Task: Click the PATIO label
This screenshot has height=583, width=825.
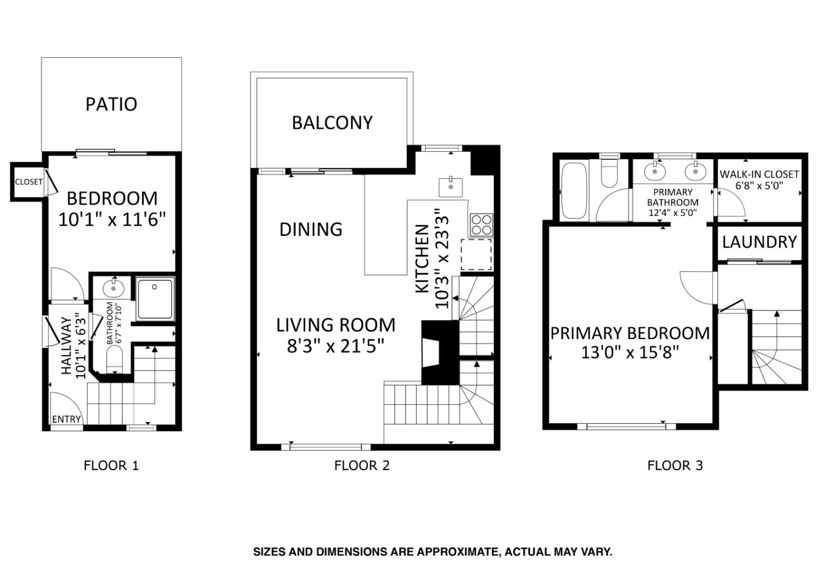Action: tap(111, 104)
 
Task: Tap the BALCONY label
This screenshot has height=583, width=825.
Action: tap(332, 123)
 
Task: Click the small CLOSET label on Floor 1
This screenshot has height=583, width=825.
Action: tap(29, 182)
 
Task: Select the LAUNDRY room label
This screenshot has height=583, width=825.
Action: tap(759, 242)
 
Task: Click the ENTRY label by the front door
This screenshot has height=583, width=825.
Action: tap(66, 419)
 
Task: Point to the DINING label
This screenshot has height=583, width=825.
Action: tap(311, 229)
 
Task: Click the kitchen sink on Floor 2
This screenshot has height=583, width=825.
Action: tap(451, 187)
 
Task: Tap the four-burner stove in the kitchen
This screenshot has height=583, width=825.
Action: tap(481, 224)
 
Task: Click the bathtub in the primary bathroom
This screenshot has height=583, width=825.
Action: tap(573, 191)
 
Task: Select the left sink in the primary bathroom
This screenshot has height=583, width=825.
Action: tap(654, 170)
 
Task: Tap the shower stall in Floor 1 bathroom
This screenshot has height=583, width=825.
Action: tap(155, 298)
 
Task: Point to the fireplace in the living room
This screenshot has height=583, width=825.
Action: tap(440, 352)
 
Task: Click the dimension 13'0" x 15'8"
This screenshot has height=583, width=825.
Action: tap(630, 352)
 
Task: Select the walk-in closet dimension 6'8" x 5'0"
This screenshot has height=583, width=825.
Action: tap(759, 186)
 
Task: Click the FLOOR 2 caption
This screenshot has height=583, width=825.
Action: tap(362, 465)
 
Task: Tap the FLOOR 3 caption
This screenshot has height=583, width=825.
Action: tap(674, 465)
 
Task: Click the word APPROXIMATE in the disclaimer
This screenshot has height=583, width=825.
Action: tap(455, 552)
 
